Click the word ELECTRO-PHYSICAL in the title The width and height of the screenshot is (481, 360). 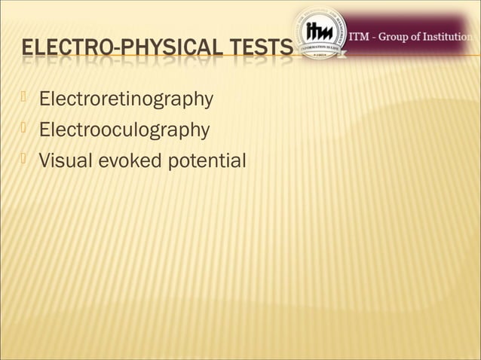[x=112, y=52]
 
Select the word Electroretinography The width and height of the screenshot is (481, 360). [x=126, y=99]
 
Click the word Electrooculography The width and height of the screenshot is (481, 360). [x=124, y=130]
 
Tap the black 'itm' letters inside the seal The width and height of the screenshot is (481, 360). [x=320, y=32]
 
